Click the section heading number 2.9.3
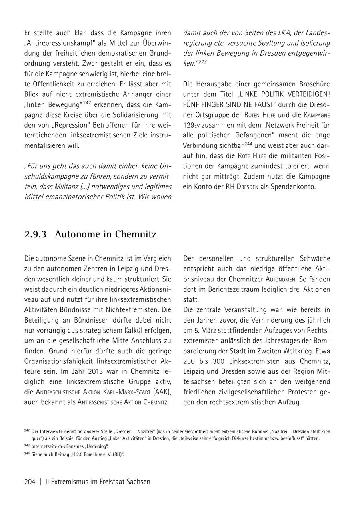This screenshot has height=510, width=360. point(36,234)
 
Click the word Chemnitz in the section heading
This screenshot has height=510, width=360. point(136,234)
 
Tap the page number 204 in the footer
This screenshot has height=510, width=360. point(30,482)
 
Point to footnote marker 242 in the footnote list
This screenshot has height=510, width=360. point(27,431)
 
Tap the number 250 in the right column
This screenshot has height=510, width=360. point(190,361)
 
